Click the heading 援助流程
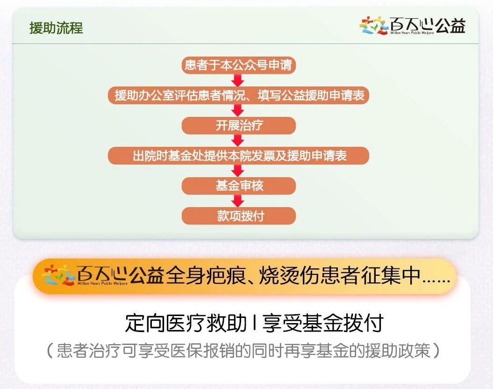(56, 28)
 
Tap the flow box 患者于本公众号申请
(238, 65)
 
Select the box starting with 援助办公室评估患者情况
(238, 95)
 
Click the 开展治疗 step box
(239, 125)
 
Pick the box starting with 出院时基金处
(238, 156)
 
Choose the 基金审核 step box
(239, 186)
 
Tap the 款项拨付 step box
(239, 216)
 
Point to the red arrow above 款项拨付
(238, 201)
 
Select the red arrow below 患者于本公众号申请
(238, 80)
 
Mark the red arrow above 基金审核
(238, 171)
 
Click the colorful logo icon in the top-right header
(373, 25)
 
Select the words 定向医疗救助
(186, 323)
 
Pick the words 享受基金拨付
(323, 323)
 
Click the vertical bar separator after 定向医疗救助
(255, 323)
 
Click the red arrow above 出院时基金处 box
(238, 141)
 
